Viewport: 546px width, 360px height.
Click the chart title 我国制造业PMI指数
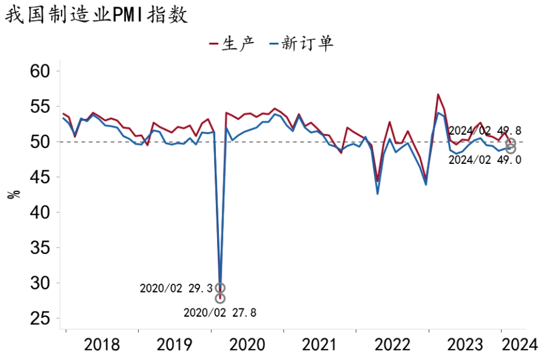[97, 15]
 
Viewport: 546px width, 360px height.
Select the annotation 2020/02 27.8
[219, 313]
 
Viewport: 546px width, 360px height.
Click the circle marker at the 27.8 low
[220, 299]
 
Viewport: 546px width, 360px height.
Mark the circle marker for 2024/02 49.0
[510, 149]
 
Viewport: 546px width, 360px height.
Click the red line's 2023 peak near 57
[438, 94]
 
